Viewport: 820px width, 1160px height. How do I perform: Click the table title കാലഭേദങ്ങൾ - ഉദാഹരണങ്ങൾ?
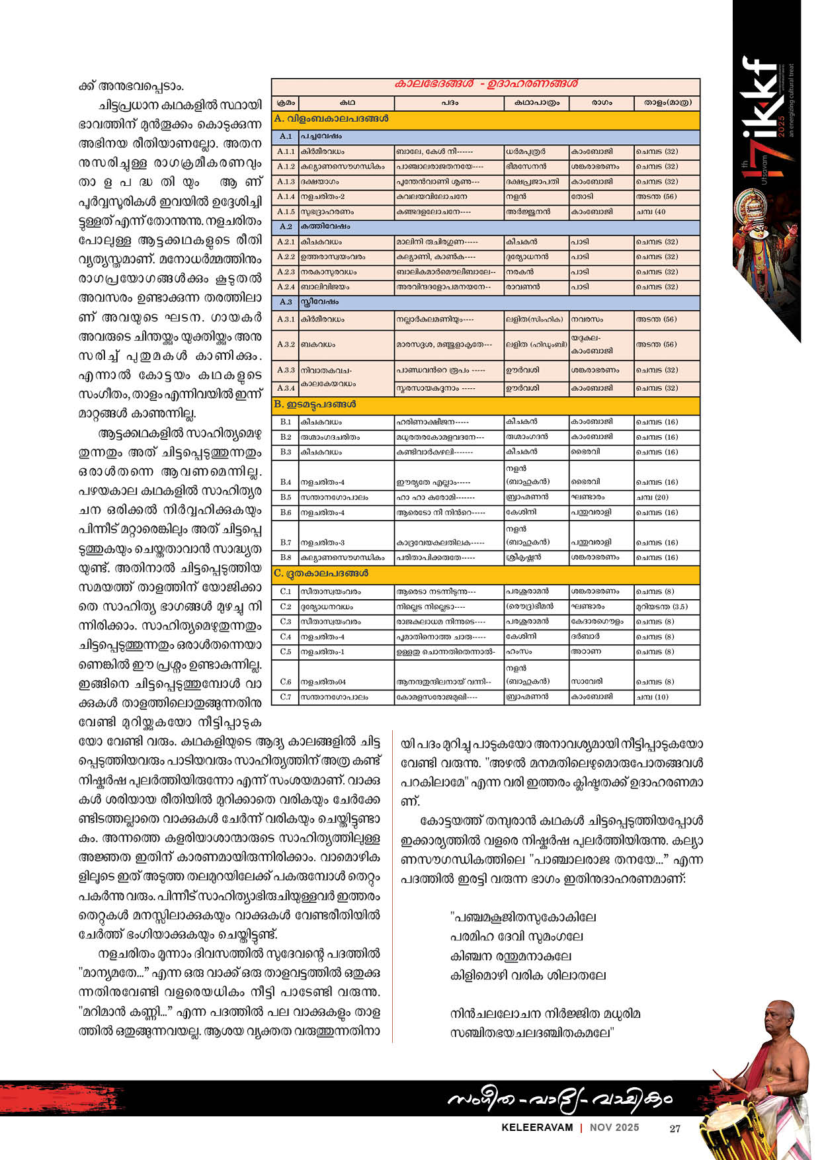(485, 84)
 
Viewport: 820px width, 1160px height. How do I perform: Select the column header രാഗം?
(600, 103)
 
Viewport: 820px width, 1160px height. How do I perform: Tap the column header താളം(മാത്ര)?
(667, 103)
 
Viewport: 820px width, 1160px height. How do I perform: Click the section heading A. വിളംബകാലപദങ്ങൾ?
(331, 119)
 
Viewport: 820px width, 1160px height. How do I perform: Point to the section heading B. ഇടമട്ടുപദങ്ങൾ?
(315, 404)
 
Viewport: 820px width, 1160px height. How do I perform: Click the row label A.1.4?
(286, 196)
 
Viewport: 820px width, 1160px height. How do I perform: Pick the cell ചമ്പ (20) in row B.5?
(652, 497)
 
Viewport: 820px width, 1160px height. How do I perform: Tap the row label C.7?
(286, 697)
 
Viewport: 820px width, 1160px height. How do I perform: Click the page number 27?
(675, 1129)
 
